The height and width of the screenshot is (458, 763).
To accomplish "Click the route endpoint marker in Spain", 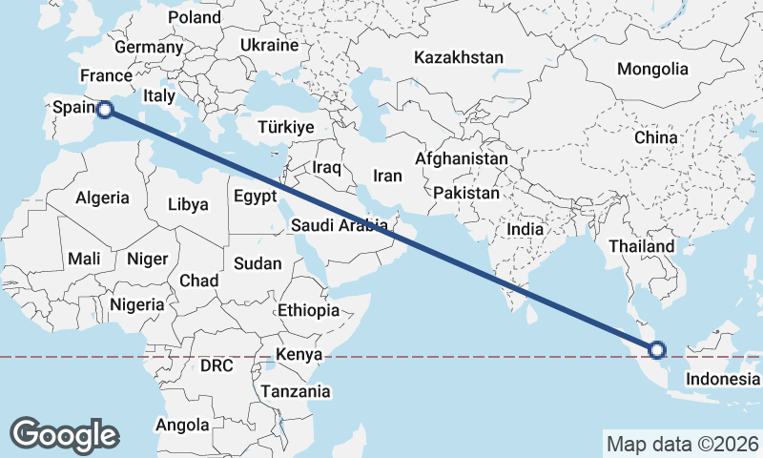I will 105,110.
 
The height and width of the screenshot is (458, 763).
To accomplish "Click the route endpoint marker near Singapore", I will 656,349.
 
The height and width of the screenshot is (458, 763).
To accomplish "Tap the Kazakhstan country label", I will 458,58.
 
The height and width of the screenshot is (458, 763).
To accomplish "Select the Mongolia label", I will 652,69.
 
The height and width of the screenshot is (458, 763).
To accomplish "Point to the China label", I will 655,137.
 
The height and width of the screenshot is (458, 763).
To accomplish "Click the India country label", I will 525,229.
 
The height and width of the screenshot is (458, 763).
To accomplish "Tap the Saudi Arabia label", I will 340,226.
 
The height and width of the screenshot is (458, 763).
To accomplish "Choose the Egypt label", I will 255,196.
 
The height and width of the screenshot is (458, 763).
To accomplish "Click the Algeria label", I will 102,198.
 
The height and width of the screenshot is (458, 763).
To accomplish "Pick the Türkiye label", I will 286,128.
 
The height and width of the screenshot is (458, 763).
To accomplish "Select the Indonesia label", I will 722,380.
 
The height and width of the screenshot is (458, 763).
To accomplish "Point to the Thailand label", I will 642,246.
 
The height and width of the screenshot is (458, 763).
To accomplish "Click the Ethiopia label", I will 308,311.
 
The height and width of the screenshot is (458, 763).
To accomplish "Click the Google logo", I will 64,434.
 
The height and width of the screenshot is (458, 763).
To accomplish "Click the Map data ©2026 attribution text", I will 682,444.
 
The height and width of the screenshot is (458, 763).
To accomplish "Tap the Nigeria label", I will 137,305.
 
